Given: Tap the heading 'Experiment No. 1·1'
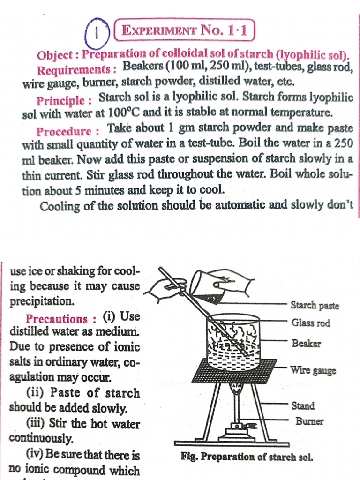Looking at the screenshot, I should click(184, 32).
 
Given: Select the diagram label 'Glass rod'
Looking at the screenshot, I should click(310, 323).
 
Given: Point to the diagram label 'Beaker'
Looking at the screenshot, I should click(306, 344).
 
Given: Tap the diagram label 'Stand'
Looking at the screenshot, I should click(303, 406).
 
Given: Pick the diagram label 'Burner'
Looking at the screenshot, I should click(309, 421).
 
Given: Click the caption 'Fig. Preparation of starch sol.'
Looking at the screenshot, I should click(246, 457).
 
